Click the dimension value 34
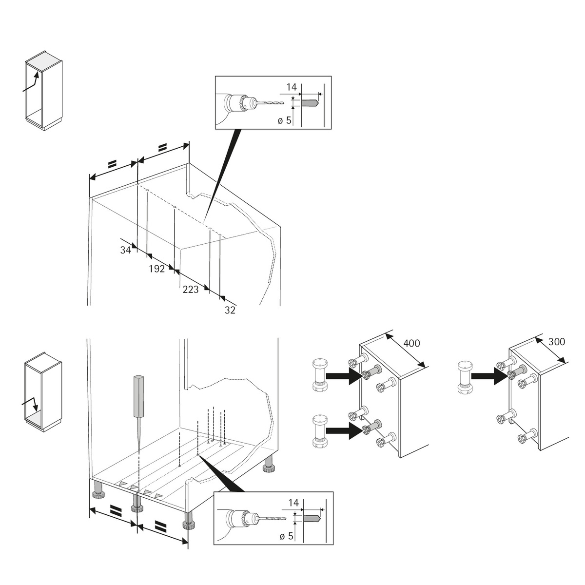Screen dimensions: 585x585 coord(126,250)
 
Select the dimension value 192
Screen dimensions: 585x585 coord(156,269)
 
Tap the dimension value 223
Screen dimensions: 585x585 coord(191,290)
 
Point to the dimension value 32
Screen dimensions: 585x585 coord(230,310)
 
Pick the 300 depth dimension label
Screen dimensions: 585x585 coord(557,342)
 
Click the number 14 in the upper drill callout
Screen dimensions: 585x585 coord(292,87)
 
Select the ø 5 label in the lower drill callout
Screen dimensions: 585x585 coord(286,536)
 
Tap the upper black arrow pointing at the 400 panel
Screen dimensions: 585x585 coord(344,376)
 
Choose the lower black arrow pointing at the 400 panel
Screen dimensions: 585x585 coord(344,430)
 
